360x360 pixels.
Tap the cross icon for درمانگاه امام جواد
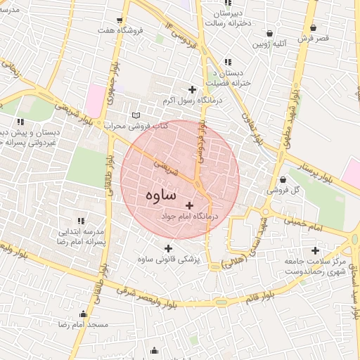(x=189, y=205)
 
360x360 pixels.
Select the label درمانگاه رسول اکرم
(x=186, y=101)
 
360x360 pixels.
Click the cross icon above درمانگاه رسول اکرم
(x=192, y=89)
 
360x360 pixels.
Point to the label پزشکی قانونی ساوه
(x=169, y=259)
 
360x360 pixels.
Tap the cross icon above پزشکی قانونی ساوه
(x=167, y=247)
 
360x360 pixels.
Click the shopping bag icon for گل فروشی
(x=283, y=179)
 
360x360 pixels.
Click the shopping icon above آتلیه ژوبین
(x=270, y=33)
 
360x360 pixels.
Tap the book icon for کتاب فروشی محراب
(x=136, y=115)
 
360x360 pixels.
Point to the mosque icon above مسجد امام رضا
(x=84, y=314)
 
